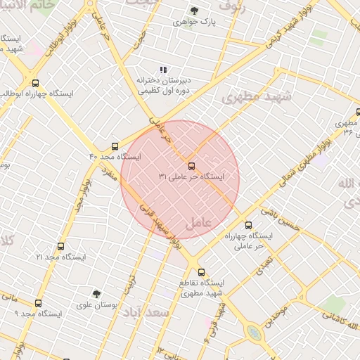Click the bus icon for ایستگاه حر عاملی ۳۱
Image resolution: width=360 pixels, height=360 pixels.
click(x=192, y=167)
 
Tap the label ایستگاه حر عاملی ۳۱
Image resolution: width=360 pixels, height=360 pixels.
click(x=191, y=177)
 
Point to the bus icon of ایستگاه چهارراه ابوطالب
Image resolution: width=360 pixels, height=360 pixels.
click(x=35, y=83)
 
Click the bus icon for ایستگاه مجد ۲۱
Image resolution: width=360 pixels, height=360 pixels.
click(x=60, y=247)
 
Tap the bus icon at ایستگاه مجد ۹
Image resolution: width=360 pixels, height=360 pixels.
click(x=38, y=303)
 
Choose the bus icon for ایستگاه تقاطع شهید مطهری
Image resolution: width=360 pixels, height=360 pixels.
click(x=201, y=272)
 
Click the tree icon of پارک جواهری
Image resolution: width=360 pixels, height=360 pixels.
click(x=194, y=11)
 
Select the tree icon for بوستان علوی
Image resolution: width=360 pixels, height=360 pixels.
click(x=96, y=294)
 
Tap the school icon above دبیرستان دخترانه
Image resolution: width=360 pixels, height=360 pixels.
click(x=163, y=70)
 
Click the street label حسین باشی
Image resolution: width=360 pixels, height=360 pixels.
click(x=281, y=219)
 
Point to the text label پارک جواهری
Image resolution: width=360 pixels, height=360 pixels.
click(x=194, y=22)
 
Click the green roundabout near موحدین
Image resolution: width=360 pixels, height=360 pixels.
click(x=255, y=333)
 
